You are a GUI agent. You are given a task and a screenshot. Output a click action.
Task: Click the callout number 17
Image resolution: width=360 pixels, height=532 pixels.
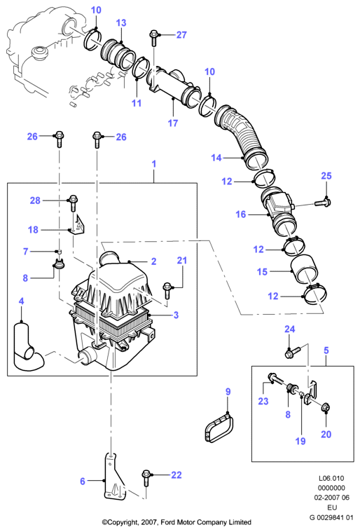point(173,123)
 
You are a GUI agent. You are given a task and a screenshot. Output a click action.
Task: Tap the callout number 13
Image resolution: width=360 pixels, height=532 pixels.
point(121,22)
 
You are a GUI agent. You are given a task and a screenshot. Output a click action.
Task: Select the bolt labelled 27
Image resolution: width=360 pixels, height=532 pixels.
point(153,38)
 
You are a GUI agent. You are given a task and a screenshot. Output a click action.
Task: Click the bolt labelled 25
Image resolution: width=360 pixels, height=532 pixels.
point(323,203)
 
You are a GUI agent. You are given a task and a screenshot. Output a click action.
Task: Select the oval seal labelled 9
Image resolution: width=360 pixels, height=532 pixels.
point(219,428)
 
